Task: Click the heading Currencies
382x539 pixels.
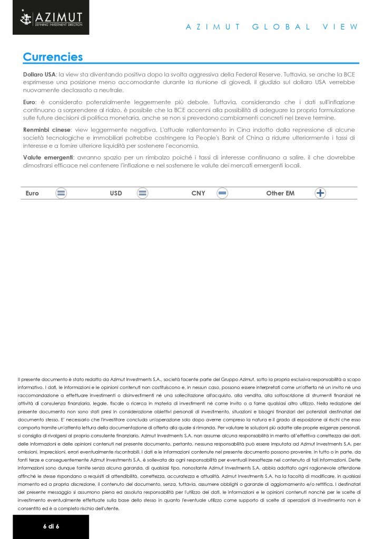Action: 53,57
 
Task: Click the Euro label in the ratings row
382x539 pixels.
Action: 32,193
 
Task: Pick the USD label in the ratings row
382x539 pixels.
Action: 116,193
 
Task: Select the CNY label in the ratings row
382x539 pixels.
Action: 198,193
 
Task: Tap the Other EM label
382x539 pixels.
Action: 280,193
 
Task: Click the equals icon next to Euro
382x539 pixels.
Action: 61,193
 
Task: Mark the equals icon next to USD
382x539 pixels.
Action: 142,193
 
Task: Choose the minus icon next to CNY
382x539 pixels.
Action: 222,193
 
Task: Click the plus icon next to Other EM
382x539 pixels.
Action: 320,193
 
